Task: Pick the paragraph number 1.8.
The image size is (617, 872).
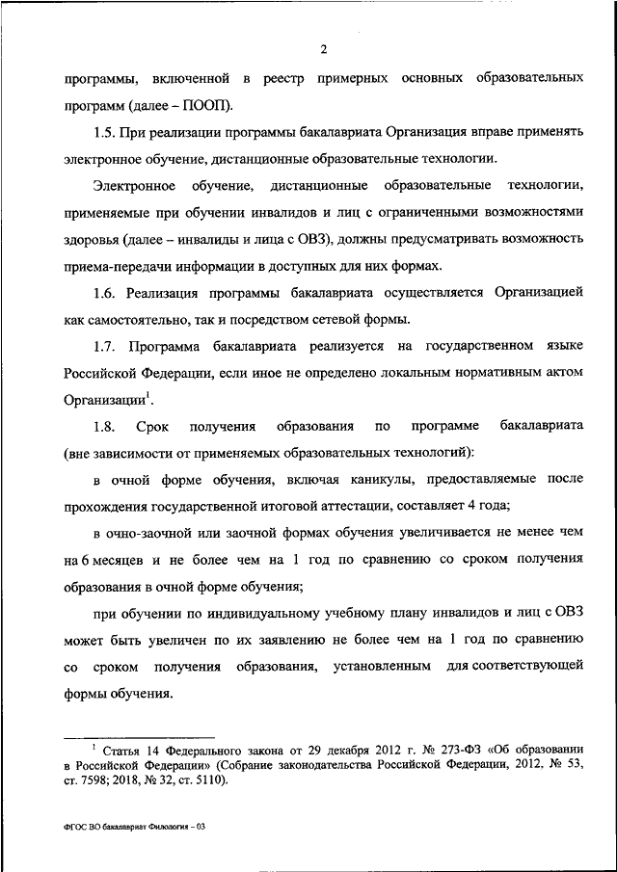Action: pyautogui.click(x=105, y=425)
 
